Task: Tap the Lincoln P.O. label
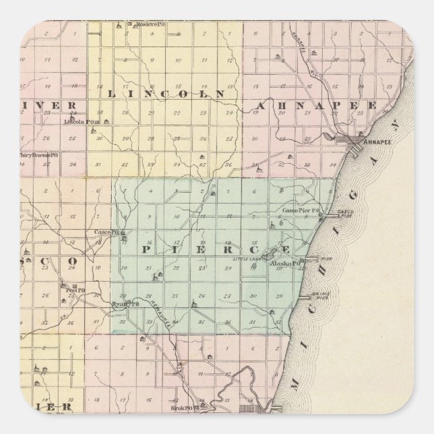(77, 122)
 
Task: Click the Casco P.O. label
(106, 232)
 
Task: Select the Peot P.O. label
(75, 290)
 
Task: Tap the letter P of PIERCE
(145, 250)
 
